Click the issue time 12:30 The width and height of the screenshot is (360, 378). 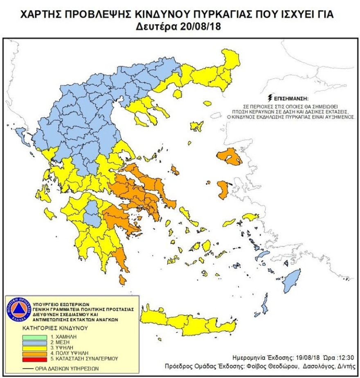click(x=346, y=357)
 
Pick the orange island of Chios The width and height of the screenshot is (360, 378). click(x=223, y=189)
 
